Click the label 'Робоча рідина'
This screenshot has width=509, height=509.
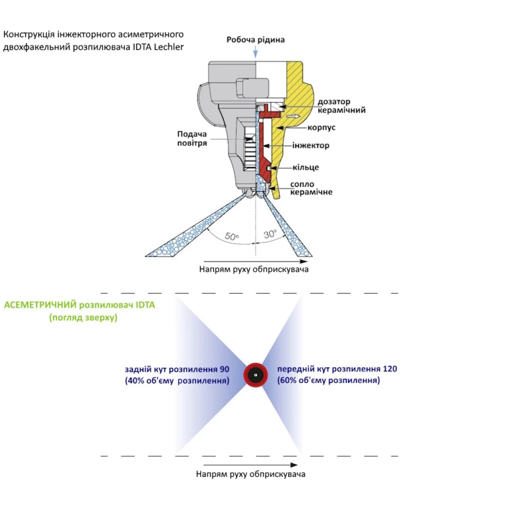click(256, 40)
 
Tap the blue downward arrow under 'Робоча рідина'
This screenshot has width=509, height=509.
click(255, 51)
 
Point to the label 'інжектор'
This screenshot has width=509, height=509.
click(310, 146)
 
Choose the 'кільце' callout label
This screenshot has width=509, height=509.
click(306, 167)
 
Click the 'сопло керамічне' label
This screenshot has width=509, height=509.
click(310, 188)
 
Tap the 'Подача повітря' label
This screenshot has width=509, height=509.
click(192, 138)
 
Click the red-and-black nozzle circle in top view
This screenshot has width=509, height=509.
click(256, 375)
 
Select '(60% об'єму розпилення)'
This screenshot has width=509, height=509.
click(329, 381)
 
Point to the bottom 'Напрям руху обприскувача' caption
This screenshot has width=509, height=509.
click(250, 474)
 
